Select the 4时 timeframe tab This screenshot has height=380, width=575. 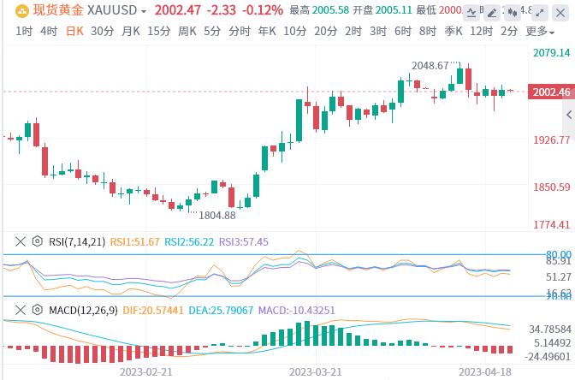pyautogui.click(x=49, y=31)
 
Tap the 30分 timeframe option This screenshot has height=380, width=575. pyautogui.click(x=102, y=31)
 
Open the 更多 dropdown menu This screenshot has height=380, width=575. pyautogui.click(x=538, y=31)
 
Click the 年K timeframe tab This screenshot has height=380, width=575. pyautogui.click(x=267, y=31)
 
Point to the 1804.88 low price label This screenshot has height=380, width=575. pyautogui.click(x=216, y=215)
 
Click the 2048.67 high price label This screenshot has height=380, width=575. pyautogui.click(x=430, y=65)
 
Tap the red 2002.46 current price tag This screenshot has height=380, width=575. pyautogui.click(x=551, y=92)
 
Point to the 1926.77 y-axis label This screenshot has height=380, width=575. pyautogui.click(x=551, y=140)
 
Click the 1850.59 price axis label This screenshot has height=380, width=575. pyautogui.click(x=551, y=187)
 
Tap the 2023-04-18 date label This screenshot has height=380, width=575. pyautogui.click(x=484, y=372)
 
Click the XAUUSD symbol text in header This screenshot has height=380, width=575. pyautogui.click(x=115, y=10)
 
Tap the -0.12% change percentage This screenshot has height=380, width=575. pyautogui.click(x=264, y=10)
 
